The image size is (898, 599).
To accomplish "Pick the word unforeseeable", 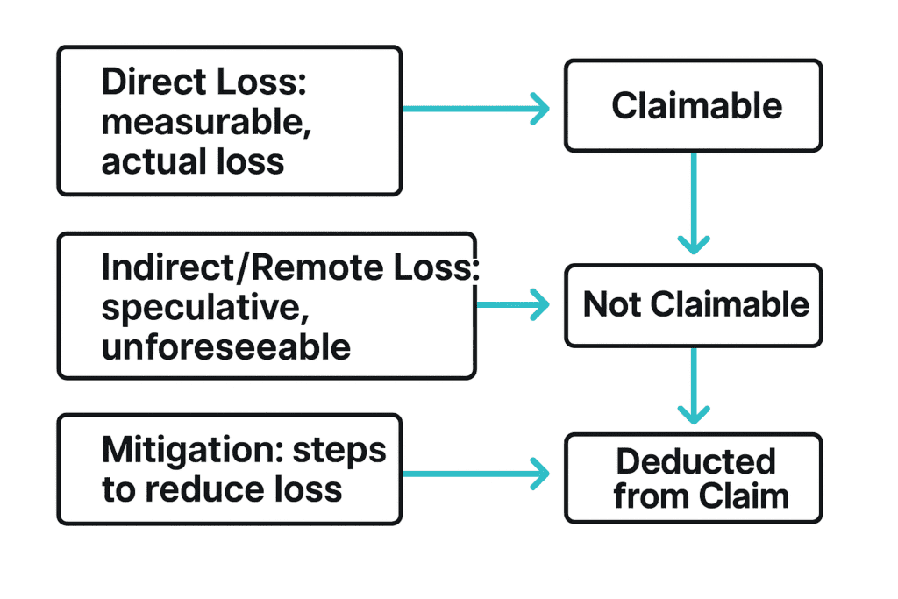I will pos(226,347).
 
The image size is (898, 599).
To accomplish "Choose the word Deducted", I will pos(695,460).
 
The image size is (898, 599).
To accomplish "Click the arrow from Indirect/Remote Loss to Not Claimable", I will pos(512,305).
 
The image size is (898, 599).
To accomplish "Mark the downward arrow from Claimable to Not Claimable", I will pos(694,202).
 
